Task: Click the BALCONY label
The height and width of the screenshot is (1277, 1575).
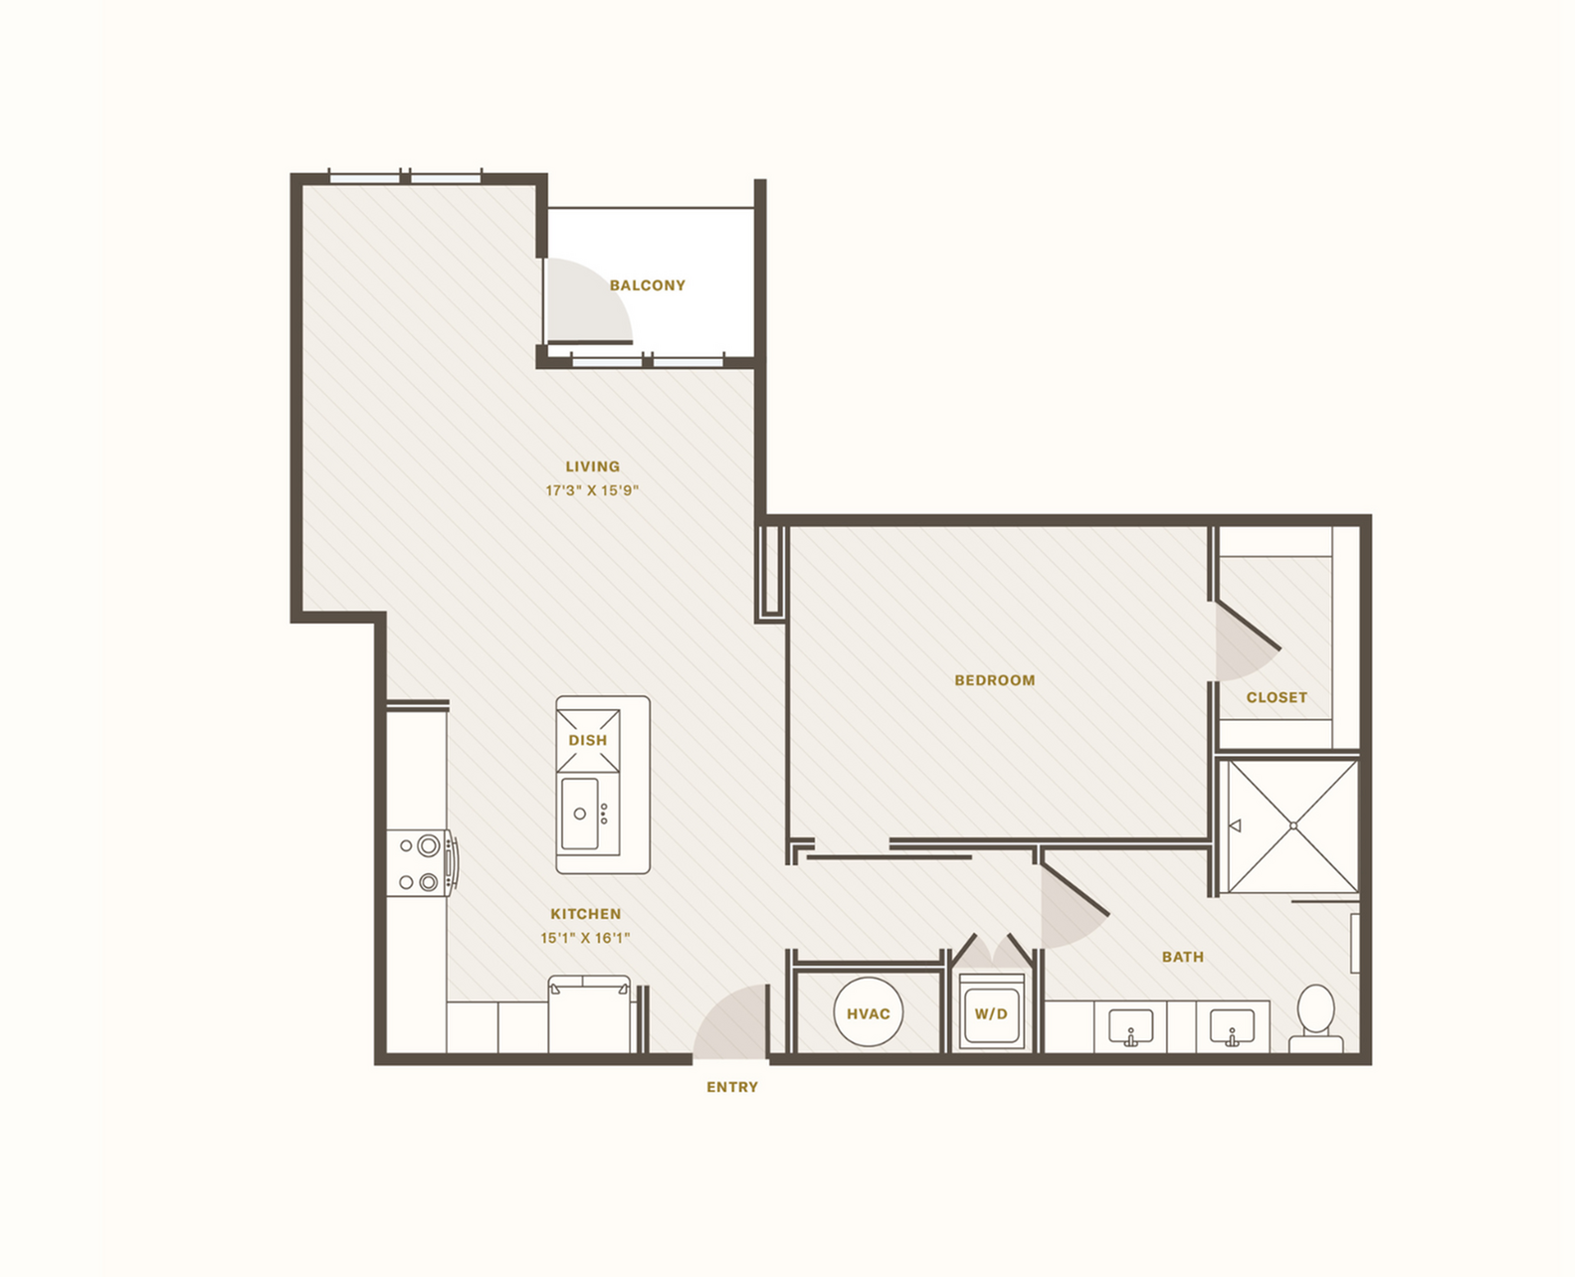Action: [x=648, y=285]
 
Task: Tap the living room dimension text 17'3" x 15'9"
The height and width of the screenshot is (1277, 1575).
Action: [x=592, y=490]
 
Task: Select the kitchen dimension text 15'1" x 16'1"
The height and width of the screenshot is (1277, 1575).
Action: [x=586, y=938]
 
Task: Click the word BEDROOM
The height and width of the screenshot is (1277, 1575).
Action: [x=995, y=680]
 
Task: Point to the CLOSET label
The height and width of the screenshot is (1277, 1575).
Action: [x=1277, y=698]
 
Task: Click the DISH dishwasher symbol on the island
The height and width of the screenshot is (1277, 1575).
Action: [x=588, y=740]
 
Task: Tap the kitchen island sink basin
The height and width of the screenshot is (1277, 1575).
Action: [x=580, y=814]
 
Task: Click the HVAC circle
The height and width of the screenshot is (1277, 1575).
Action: [x=868, y=1013]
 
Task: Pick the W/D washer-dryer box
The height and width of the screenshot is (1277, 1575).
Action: [x=991, y=1013]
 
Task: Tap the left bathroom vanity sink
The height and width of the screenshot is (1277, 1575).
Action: [x=1131, y=1025]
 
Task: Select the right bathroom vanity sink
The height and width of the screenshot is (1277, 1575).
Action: [x=1232, y=1025]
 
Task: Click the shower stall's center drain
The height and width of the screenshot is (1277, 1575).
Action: [x=1293, y=825]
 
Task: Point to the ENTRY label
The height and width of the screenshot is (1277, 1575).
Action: [x=732, y=1087]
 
